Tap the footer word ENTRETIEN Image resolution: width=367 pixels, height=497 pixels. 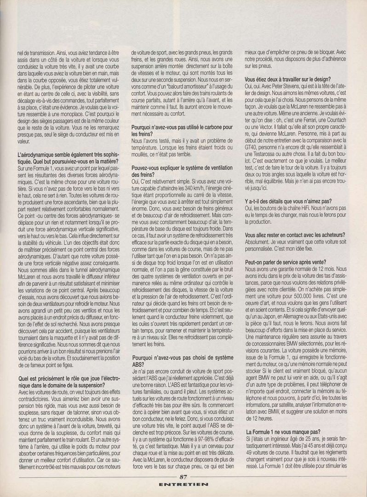[x=183, y=485]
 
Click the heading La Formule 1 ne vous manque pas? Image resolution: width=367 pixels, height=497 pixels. [x=282, y=432]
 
